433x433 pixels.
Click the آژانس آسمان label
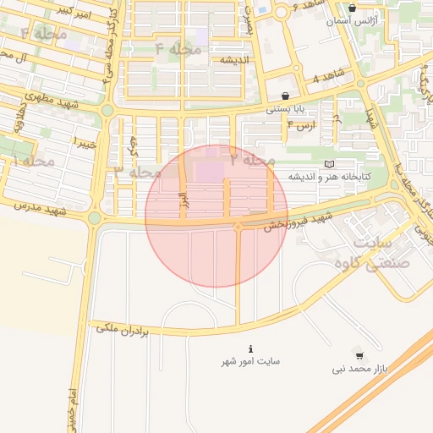click(353, 19)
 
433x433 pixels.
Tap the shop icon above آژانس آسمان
click(353, 7)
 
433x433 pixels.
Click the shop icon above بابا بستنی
click(286, 96)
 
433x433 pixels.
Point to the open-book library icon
click(330, 163)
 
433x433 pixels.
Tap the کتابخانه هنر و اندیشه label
click(330, 177)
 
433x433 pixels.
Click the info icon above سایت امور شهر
click(250, 348)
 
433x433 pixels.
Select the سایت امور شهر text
click(250, 361)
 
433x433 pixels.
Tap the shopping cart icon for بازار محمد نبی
click(360, 356)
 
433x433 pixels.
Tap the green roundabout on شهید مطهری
click(107, 109)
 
